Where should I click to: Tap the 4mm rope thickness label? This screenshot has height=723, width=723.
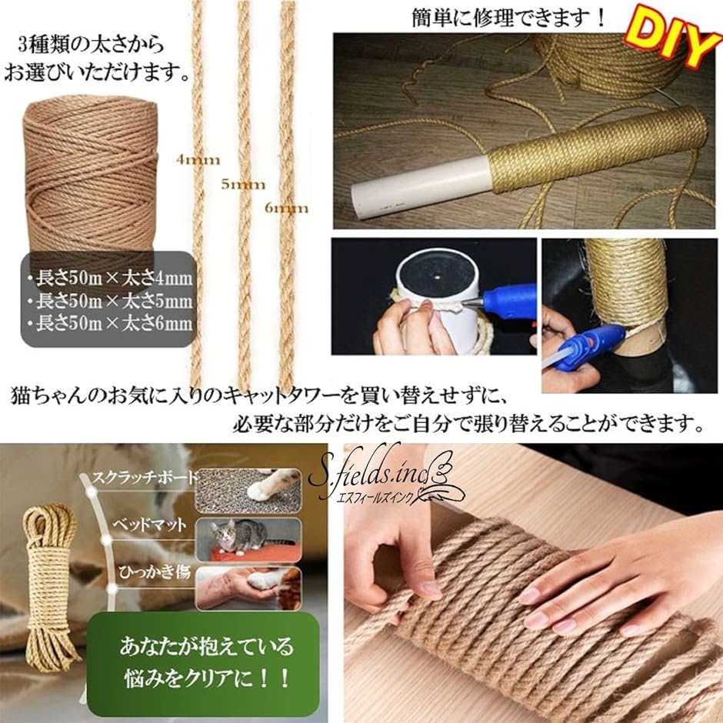tap(198, 160)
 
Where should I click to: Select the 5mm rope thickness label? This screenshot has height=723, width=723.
tap(243, 185)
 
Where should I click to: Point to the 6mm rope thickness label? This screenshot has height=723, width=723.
tap(286, 208)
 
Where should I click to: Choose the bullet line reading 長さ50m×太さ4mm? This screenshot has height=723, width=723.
tap(109, 278)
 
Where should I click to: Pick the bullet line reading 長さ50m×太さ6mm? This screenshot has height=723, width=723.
tap(109, 323)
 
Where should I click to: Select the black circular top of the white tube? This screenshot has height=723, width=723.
tap(436, 275)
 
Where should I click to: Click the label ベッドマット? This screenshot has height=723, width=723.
tap(150, 525)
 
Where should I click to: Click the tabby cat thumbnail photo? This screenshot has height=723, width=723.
tap(248, 539)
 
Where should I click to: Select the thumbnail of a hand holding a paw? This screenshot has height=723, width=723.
tap(248, 588)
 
